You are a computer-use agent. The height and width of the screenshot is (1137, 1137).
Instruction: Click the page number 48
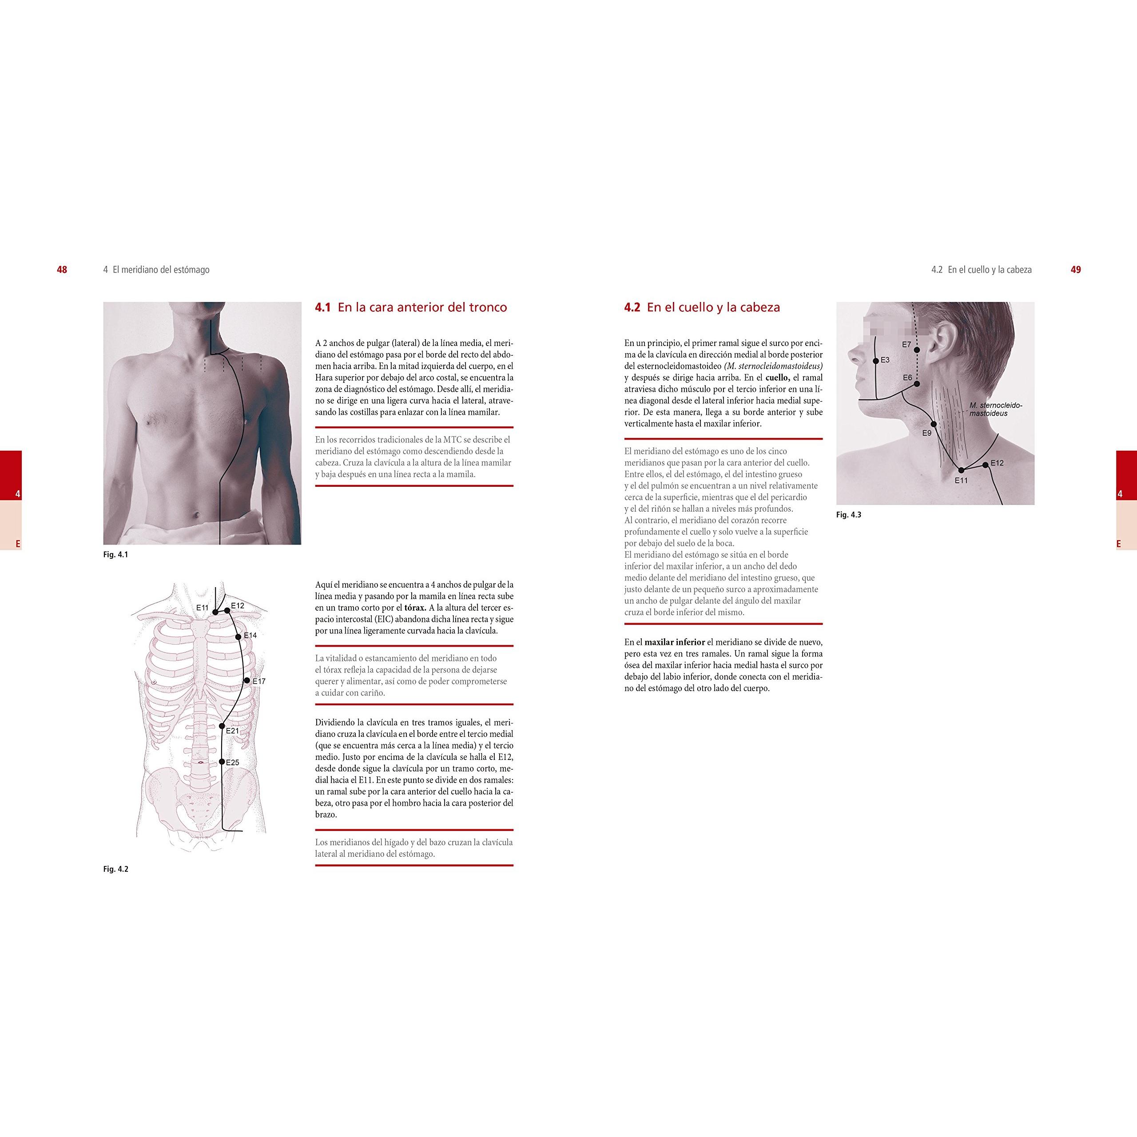62,270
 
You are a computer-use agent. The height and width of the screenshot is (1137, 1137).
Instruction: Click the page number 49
1076,270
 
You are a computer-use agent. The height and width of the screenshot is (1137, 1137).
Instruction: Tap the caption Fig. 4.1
115,554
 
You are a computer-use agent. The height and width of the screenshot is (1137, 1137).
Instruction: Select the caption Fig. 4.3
849,515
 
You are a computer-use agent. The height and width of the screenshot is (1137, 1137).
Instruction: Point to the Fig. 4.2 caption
115,869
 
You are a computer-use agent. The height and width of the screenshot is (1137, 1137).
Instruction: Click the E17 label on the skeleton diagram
259,681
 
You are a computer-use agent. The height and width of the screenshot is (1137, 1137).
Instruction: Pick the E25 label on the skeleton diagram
232,763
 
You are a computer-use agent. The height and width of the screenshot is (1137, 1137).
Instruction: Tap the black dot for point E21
222,726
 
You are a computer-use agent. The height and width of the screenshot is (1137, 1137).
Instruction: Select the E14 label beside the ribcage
250,636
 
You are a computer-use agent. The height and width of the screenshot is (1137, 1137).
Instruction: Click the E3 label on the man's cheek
885,360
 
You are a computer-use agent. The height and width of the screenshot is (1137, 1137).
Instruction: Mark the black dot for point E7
917,350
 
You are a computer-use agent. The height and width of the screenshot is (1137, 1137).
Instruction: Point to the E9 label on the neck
927,433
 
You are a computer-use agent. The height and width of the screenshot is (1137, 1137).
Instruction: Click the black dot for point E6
917,384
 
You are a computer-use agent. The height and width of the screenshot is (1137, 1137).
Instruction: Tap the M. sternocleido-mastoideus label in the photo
996,409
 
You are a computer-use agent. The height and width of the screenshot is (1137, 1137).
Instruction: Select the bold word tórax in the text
414,608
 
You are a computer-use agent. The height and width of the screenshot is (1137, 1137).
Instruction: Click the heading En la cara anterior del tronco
422,307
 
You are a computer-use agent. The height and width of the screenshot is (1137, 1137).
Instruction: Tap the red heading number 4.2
632,307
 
